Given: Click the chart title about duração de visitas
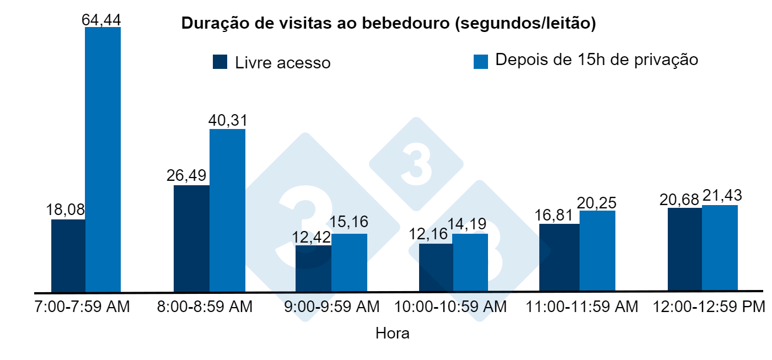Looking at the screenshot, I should pos(389,24).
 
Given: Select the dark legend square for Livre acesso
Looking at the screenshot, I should pos(220,62).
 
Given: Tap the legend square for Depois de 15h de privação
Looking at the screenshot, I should pos(481,61).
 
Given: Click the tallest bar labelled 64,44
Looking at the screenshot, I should pos(103,159).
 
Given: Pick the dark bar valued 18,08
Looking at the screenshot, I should pos(68,256).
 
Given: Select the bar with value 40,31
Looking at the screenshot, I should pos(227,210).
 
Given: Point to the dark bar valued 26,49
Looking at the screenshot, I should pos(191,238).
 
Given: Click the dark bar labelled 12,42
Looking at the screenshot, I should pos(313,268).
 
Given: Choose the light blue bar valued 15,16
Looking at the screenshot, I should pos(349,262).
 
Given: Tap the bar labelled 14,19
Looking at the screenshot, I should pos(470,262).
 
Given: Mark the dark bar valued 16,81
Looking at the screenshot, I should pos(559,257).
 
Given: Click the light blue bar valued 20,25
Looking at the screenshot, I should pos(597,251).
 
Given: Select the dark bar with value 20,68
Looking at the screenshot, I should pos(684,249).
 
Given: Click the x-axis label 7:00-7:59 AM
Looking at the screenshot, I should pos(82,307).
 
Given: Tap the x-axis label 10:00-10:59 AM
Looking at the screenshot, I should pos(449,307).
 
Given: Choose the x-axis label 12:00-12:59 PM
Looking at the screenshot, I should pos(709,307).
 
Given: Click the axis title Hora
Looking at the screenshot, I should pos(392,334).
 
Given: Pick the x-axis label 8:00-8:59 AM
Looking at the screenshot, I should pos(205,307).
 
